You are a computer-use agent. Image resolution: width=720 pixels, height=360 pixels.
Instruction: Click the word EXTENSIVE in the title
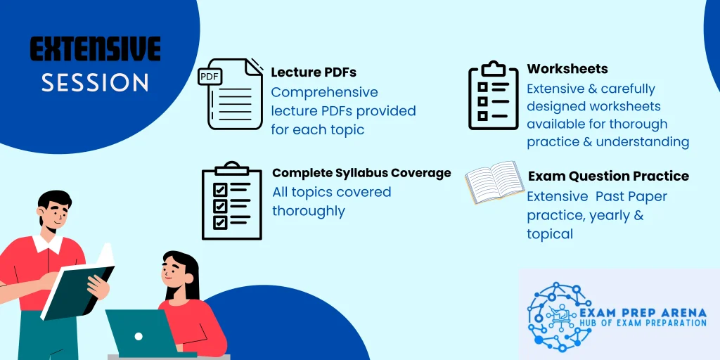click(95, 49)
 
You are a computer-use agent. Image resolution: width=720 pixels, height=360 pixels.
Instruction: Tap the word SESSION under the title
click(95, 82)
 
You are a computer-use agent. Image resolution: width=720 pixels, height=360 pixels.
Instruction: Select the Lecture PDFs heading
click(314, 72)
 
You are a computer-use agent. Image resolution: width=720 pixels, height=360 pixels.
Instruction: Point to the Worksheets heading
click(567, 69)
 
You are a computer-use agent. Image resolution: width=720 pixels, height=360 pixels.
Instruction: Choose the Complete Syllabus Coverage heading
click(361, 173)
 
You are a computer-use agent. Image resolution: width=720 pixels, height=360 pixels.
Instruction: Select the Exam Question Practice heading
click(608, 176)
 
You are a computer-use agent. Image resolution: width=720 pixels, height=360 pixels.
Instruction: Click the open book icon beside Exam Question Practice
click(494, 182)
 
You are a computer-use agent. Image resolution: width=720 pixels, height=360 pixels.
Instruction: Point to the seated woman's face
click(176, 271)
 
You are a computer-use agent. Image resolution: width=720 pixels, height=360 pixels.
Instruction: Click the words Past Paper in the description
click(631, 196)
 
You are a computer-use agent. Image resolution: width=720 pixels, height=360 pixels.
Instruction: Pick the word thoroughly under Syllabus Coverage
click(308, 211)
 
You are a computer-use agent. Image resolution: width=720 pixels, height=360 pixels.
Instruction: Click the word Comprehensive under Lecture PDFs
click(324, 92)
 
